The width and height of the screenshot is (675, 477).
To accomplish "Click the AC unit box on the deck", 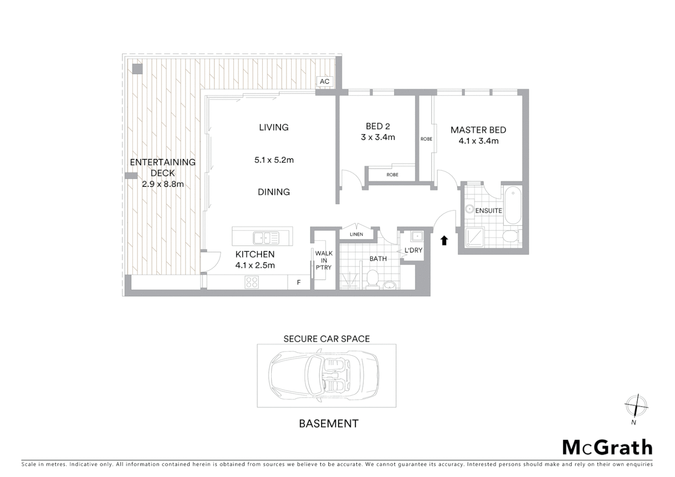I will (324, 82).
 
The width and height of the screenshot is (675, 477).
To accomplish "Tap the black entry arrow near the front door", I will (444, 240).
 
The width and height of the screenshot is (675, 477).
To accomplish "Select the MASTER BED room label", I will (478, 130).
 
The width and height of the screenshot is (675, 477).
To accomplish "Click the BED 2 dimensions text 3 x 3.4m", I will (378, 137).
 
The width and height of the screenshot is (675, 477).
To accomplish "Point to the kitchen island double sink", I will (266, 238).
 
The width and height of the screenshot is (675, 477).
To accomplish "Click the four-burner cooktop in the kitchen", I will (252, 282).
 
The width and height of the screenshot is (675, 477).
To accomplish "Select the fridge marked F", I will (299, 282).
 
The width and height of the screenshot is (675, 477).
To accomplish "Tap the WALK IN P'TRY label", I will (324, 260).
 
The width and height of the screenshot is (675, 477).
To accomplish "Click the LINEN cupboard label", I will (356, 234).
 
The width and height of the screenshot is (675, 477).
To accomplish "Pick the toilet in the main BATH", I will (372, 280).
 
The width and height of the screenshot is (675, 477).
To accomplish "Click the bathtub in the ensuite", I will (513, 205).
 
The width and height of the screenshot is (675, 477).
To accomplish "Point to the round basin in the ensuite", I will (469, 210).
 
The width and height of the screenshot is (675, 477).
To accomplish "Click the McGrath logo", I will (607, 447).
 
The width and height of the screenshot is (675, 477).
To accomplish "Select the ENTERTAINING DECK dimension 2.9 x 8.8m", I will (163, 184).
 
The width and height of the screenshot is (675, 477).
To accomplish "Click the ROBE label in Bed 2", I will (392, 175).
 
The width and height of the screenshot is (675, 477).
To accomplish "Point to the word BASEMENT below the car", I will (328, 424).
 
